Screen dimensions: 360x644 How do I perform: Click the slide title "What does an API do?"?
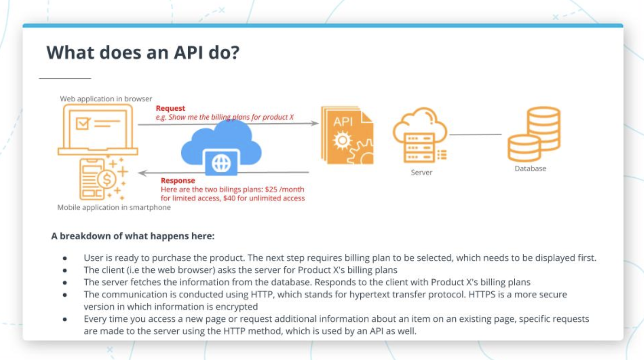143,53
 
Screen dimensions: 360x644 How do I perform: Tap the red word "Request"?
170,108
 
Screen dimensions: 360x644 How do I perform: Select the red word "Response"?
178,180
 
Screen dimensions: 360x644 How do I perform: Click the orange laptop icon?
98,129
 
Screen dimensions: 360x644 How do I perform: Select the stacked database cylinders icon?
534,134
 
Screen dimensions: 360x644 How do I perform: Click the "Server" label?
422,173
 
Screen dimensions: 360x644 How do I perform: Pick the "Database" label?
530,169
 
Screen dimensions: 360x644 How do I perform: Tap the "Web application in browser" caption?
106,99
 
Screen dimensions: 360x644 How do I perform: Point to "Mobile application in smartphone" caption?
114,208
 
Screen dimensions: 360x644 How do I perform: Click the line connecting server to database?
475,134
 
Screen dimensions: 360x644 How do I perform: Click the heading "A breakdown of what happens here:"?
133,236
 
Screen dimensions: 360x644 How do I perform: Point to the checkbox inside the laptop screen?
83,123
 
